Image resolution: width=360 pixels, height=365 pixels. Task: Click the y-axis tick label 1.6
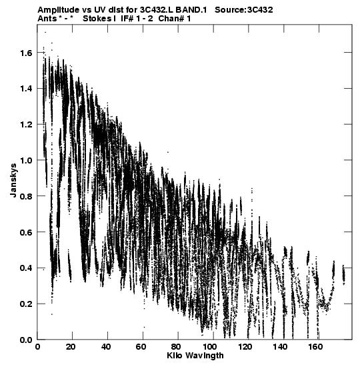click(26, 53)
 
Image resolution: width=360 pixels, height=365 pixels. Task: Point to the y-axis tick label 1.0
click(26, 161)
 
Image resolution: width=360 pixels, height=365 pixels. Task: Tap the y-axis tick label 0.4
click(26, 268)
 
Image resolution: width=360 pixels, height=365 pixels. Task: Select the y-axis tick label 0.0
click(26, 340)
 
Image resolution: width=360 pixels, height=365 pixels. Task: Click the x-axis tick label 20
click(70, 347)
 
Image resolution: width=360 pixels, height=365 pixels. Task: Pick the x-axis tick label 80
click(176, 347)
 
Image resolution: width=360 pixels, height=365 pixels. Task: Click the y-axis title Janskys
click(13, 180)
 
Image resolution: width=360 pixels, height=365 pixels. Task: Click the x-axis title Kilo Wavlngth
click(195, 356)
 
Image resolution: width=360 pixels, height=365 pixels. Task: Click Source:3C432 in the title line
click(244, 10)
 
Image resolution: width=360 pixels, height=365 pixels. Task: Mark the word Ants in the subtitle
click(47, 19)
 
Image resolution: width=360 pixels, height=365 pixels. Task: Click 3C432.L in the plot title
click(157, 10)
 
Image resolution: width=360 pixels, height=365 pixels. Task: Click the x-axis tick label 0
click(37, 347)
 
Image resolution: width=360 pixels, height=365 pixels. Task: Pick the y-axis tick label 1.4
click(26, 89)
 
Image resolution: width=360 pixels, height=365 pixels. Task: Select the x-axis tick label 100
click(210, 347)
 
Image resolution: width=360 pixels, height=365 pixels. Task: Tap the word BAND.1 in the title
click(191, 10)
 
